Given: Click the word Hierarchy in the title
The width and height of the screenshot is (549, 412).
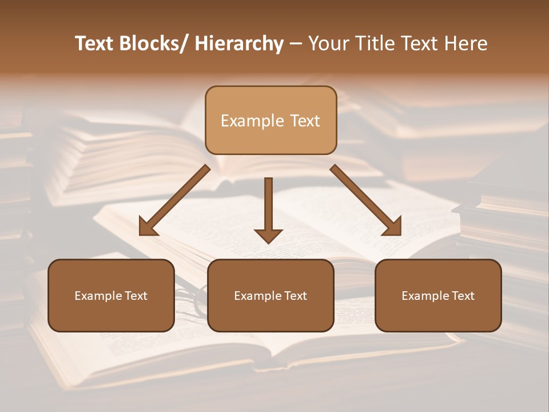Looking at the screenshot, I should [239, 43].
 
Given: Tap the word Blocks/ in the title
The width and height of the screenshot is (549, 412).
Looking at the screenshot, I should [151, 43].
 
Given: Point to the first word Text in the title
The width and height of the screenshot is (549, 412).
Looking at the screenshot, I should [94, 43].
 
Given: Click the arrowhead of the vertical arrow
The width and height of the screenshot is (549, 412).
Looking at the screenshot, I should [268, 235].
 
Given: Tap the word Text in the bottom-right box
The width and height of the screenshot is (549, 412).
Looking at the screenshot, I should [462, 296].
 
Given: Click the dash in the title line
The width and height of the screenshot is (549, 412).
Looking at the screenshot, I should [296, 43].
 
